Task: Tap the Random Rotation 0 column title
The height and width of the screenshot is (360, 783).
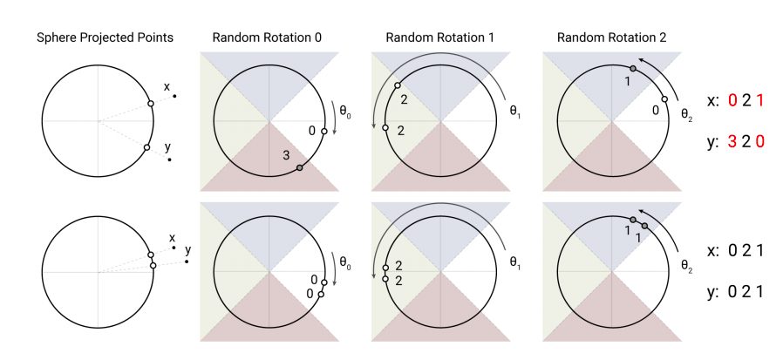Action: tap(269, 37)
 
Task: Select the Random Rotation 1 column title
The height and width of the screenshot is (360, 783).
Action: tap(440, 37)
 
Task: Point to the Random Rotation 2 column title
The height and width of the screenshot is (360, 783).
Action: tap(611, 37)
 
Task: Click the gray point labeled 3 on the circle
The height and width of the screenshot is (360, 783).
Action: tap(300, 167)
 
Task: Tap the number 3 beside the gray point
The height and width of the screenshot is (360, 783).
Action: tap(285, 155)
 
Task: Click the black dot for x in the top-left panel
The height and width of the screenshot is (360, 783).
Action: tap(174, 96)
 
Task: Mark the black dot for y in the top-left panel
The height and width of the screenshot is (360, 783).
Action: tap(169, 160)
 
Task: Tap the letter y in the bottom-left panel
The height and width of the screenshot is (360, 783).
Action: tap(186, 250)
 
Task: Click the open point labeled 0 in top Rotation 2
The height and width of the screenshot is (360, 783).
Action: tap(664, 99)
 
